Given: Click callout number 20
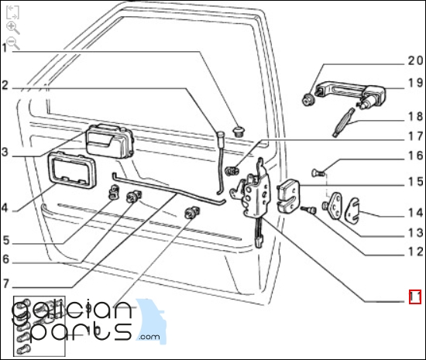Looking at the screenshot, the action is (415, 60).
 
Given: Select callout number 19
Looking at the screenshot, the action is (415, 83).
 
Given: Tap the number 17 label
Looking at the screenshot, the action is (415, 136).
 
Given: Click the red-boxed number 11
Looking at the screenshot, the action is (415, 297).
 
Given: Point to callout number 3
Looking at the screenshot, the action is (5, 152).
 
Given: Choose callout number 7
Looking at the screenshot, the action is (6, 284).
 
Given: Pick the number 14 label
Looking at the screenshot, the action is (415, 213).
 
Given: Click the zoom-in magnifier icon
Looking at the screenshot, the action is (12, 28).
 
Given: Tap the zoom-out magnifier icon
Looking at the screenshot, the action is (12, 43).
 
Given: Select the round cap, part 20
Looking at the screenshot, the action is (307, 99).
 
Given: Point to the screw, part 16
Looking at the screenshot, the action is (318, 172).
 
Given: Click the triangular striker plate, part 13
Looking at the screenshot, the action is (335, 205).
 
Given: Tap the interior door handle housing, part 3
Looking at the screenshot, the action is (109, 142).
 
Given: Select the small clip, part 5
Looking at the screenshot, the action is (114, 191).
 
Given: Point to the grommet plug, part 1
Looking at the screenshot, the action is (239, 131).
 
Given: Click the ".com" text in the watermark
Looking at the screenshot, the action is (149, 337).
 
